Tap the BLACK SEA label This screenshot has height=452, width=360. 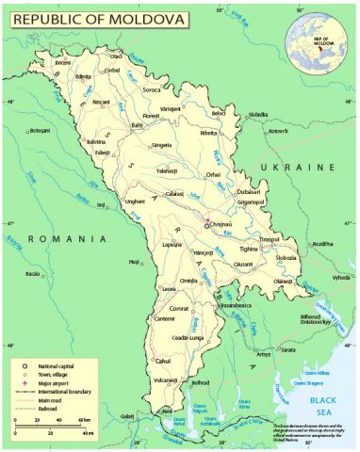click(325, 406)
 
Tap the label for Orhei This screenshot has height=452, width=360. click(215, 174)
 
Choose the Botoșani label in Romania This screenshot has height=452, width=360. click(39, 130)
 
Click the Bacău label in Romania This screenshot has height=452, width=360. click(33, 274)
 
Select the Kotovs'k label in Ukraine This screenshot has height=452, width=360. click(277, 131)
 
